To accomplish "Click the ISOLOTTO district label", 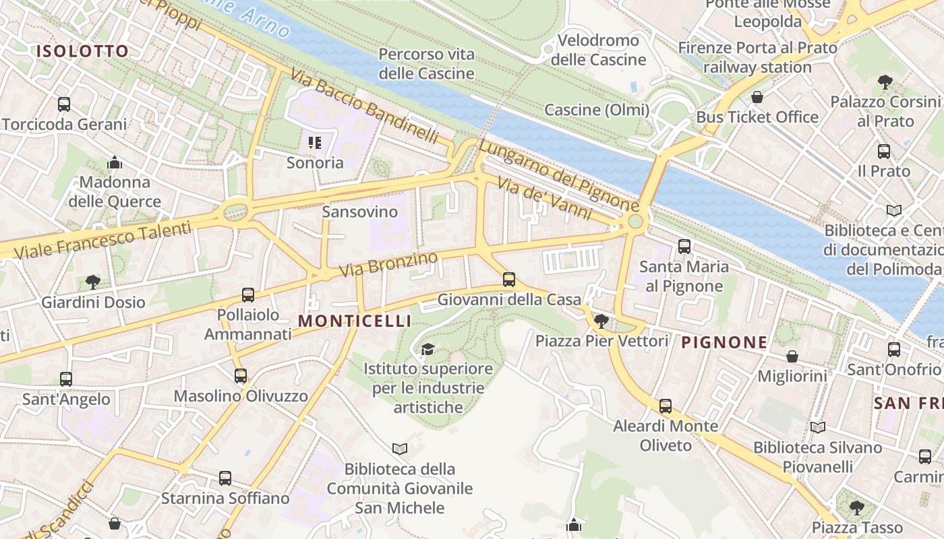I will pos(82,51).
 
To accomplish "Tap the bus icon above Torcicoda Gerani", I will pos(64,104).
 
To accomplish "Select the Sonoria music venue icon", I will pos(315,143).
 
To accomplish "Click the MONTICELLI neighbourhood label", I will pos(355,321).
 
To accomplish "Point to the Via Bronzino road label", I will pos(388,265).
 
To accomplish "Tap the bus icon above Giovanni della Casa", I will pos(509,279).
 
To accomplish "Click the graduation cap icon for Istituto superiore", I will pos(427,349).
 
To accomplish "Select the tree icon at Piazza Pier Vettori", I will pos(601,321).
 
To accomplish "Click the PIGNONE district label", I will pos(724,342).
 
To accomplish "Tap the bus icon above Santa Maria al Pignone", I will pos(684,247).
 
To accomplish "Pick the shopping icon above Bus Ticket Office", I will pos(757,97).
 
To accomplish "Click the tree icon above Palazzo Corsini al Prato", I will pos(885,82).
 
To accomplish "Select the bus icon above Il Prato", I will pos(884,152).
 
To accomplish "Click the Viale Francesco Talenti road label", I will pos(101,241).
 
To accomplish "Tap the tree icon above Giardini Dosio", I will pos(93,282).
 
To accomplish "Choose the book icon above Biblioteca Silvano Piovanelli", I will pos(817,427).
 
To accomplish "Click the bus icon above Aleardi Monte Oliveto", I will pos(666,406).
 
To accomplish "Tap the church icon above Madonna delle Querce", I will pos(115,162).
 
